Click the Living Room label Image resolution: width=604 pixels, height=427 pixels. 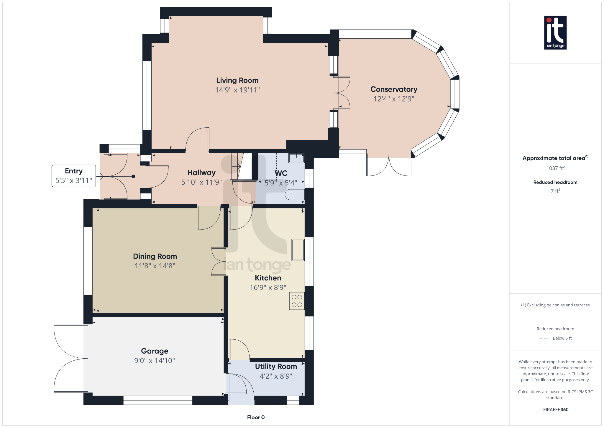(x=237, y=81)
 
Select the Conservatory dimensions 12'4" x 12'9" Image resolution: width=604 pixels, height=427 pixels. (x=394, y=99)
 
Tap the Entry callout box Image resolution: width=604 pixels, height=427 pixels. (x=74, y=176)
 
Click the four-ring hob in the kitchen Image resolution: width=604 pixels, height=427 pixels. (x=297, y=301)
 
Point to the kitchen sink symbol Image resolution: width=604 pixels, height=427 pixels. (x=298, y=250)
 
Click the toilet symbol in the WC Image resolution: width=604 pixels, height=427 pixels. (x=294, y=195)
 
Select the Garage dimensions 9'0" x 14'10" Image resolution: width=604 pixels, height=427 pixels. (x=155, y=361)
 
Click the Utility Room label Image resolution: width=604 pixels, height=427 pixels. (x=276, y=367)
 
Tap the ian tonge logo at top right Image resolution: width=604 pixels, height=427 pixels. (x=555, y=32)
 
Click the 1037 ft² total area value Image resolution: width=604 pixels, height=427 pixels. (x=555, y=168)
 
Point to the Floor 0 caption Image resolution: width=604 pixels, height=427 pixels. (x=256, y=417)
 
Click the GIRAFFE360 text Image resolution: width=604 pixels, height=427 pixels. (x=555, y=410)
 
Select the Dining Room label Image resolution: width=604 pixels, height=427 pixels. (x=155, y=256)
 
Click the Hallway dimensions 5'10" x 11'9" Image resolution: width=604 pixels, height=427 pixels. (x=201, y=182)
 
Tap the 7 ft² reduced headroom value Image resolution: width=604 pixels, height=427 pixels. (x=555, y=191)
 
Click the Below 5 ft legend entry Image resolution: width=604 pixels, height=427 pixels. (x=562, y=338)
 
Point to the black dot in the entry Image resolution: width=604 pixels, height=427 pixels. (x=133, y=176)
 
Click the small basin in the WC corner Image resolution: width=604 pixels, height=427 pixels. (x=296, y=158)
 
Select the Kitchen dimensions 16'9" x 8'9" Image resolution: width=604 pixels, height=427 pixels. (x=268, y=288)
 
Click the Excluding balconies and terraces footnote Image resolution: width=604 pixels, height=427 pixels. (x=555, y=305)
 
